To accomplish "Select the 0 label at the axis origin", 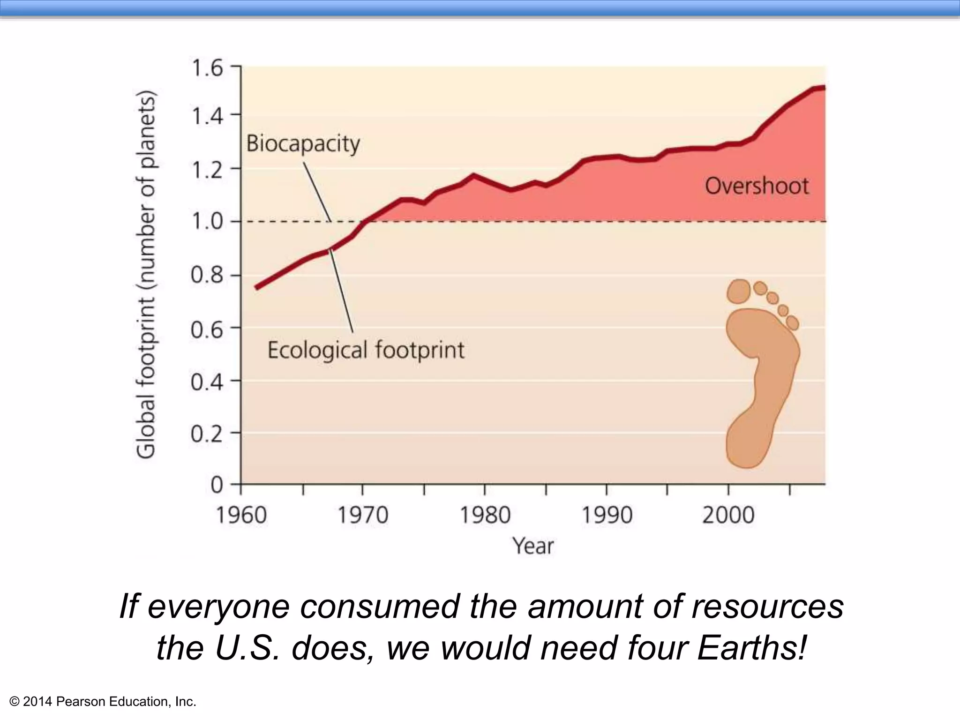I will pyautogui.click(x=217, y=485).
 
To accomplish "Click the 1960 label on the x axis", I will pyautogui.click(x=241, y=515).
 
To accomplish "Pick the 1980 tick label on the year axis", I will pyautogui.click(x=485, y=515).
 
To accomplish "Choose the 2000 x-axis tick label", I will pyautogui.click(x=728, y=515).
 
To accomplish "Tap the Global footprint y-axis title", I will pyautogui.click(x=146, y=274).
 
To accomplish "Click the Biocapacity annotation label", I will pyautogui.click(x=303, y=143).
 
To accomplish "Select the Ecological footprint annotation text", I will pyautogui.click(x=366, y=350).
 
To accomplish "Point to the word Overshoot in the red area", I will pyautogui.click(x=757, y=186).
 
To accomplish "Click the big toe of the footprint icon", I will pyautogui.click(x=739, y=292).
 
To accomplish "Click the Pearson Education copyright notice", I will pyautogui.click(x=103, y=702).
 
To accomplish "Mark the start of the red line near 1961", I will pyautogui.click(x=256, y=287).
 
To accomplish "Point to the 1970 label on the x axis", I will pyautogui.click(x=363, y=515).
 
